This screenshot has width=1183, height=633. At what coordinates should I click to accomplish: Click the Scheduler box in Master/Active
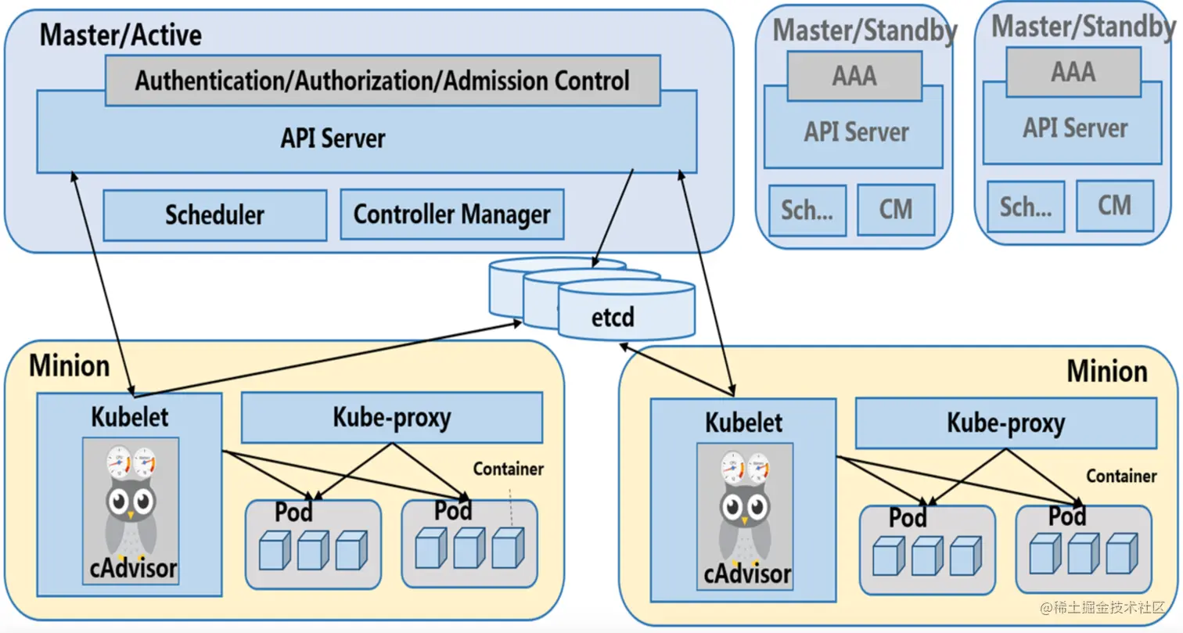214,215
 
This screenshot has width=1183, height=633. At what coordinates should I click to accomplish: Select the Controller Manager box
451,214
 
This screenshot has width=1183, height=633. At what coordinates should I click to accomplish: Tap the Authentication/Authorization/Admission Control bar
382,81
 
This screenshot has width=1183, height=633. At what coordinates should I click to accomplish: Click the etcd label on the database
612,318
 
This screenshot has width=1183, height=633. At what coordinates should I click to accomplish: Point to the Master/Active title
120,35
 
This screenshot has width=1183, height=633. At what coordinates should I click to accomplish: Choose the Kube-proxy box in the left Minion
391,417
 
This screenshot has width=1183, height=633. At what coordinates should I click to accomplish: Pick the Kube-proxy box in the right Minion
1005,423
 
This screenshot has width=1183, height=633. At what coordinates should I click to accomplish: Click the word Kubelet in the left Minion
129,416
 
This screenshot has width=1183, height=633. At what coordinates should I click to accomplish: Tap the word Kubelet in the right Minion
743,423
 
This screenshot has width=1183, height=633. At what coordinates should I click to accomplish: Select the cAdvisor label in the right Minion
746,574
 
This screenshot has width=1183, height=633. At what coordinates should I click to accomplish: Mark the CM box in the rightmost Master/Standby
1114,206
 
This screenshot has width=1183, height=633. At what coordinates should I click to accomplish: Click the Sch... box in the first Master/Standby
807,210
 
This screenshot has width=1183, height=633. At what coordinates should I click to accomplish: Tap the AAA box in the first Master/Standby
854,77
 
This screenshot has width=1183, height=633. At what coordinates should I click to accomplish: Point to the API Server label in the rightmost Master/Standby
1075,128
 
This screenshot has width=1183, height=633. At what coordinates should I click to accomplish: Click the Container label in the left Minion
508,469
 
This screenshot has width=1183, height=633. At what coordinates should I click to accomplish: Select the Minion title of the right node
1106,371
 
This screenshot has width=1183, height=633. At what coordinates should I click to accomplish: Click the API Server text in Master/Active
333,138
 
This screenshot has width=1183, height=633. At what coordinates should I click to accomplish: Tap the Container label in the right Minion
1120,476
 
